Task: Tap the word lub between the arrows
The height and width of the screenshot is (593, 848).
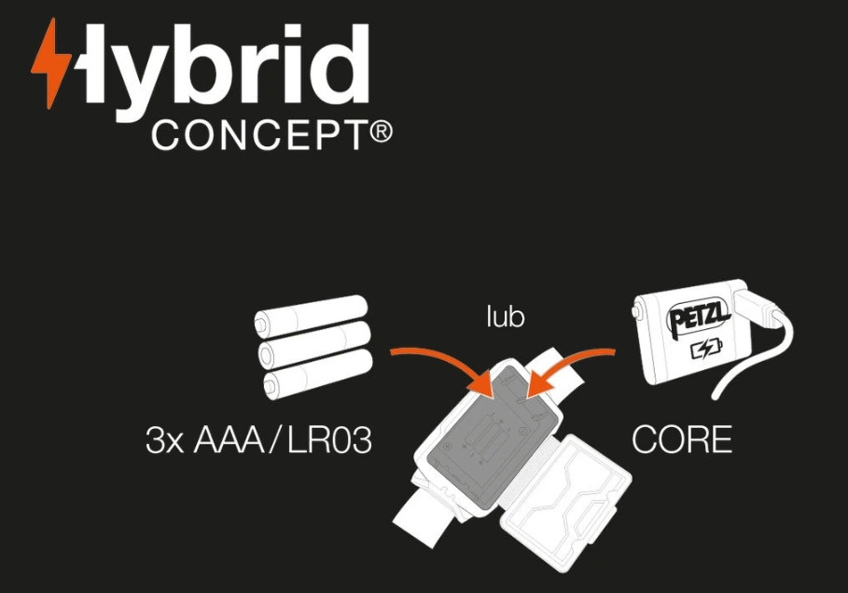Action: tap(505, 316)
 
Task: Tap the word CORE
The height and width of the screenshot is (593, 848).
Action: tap(681, 440)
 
